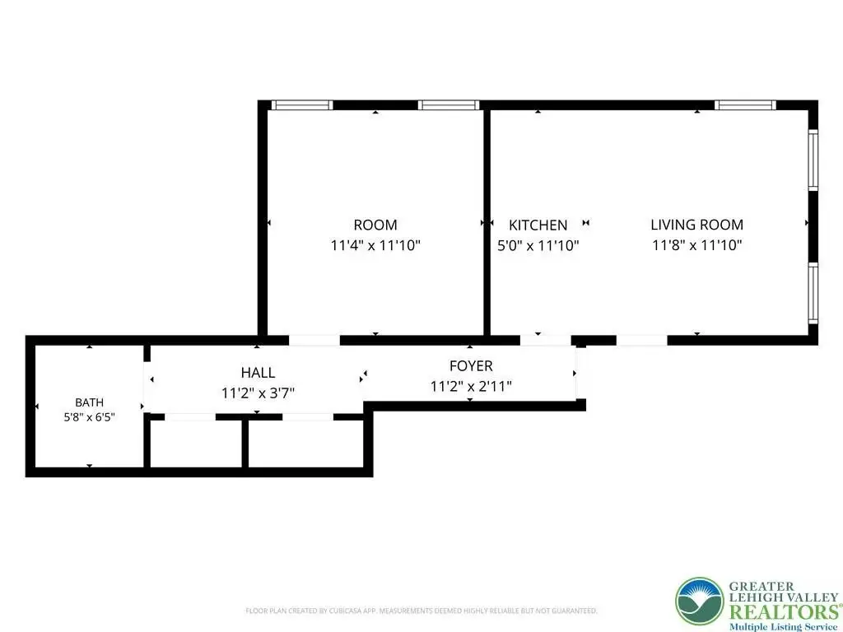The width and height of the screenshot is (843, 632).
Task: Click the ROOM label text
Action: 375,225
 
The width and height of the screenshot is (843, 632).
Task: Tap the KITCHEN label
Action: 538,225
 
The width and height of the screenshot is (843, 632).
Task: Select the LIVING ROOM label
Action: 696,225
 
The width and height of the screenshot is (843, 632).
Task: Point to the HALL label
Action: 258,373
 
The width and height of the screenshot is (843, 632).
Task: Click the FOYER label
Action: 471,366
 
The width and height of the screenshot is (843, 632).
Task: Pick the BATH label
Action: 89,402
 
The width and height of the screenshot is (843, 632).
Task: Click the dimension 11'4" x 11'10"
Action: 375,245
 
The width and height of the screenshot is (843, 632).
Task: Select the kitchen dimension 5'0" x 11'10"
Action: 538,245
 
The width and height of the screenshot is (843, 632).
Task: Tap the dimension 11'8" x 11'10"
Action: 696,245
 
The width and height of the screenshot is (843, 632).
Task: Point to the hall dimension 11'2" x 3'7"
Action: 258,393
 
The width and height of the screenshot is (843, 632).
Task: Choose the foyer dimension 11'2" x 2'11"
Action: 471,386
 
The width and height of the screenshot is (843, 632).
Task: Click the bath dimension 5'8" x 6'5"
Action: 89,416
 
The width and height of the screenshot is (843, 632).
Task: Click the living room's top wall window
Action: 744,105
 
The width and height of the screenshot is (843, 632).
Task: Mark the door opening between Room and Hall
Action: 314,340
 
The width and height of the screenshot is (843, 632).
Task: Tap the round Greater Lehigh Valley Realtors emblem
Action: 700,602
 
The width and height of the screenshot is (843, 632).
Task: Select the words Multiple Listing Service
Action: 783,626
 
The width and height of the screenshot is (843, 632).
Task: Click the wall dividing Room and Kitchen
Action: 487,222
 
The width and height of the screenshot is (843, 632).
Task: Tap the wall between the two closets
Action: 245,444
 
